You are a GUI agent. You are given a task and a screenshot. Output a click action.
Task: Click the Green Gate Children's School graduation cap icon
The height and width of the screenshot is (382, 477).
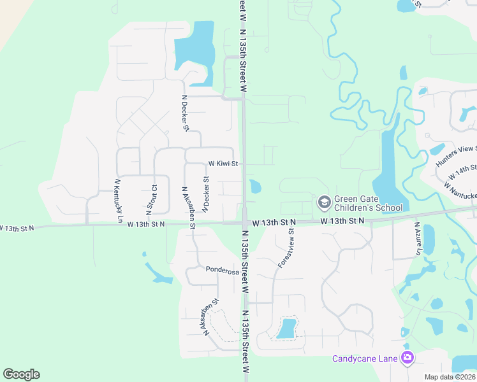click(324, 202)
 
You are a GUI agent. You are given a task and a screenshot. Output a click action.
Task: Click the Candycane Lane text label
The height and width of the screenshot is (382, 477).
click(365, 358)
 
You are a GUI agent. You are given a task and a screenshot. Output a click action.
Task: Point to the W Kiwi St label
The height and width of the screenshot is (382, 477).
click(223, 164)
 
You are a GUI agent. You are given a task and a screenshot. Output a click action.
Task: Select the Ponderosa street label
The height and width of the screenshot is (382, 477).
click(222, 270)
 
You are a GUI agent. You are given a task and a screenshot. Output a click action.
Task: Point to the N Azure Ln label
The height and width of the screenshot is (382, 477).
click(418, 239)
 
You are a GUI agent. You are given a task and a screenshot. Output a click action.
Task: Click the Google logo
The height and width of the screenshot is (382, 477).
click(21, 374)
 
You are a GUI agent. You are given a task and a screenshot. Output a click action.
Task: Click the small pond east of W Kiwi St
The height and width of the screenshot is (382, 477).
click(255, 187)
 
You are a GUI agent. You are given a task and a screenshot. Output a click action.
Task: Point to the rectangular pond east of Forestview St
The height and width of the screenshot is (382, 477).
click(287, 329)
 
